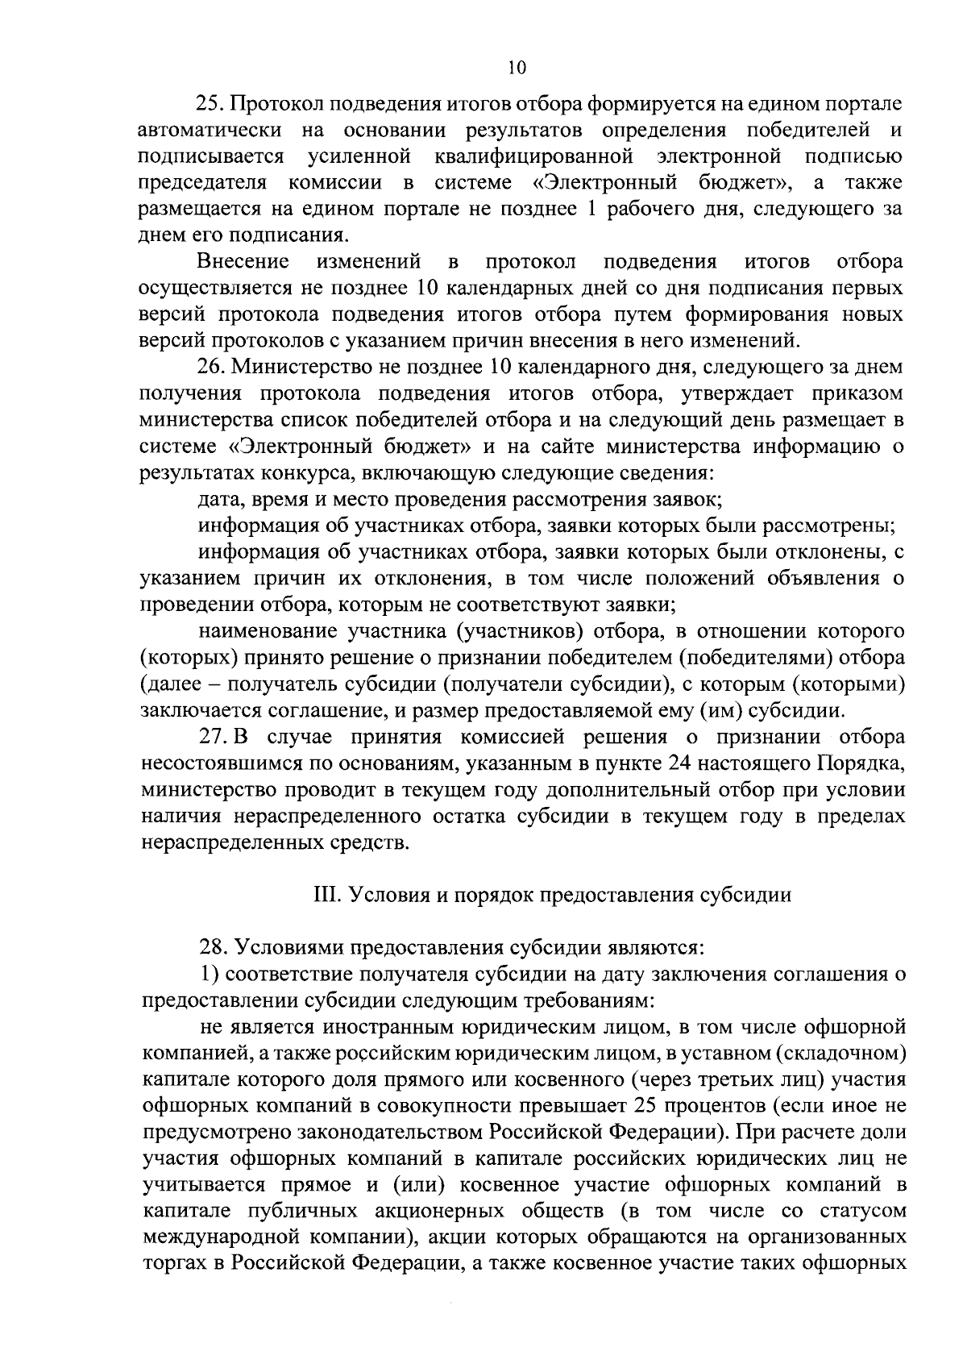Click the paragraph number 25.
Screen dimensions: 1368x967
(212, 104)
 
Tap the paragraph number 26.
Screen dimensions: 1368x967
(212, 368)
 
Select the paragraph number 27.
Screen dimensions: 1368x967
(212, 737)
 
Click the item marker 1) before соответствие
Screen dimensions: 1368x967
(210, 975)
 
